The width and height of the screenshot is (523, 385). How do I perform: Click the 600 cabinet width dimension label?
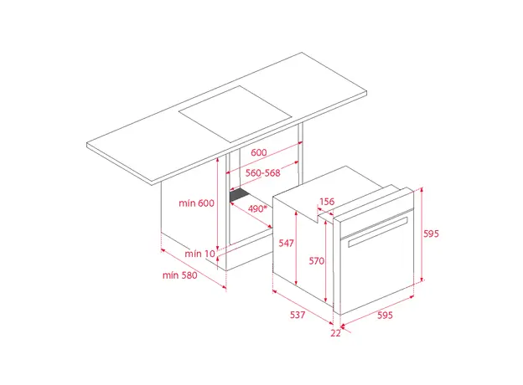[258, 152]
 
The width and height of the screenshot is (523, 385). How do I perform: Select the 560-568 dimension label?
[263, 173]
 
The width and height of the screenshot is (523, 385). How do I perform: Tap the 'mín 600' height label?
[196, 203]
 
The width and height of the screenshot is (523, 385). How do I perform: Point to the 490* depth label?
[257, 208]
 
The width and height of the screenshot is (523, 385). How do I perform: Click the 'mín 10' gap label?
[199, 254]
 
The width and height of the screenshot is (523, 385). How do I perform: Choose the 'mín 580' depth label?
[179, 275]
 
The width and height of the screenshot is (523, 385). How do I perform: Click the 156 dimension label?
[327, 202]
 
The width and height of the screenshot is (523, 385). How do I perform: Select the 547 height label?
[286, 243]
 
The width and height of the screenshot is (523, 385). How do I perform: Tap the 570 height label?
[316, 260]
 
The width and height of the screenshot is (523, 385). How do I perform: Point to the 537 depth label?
[298, 315]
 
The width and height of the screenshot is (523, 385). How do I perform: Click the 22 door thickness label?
[335, 333]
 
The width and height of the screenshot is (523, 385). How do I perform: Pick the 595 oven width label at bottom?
[385, 315]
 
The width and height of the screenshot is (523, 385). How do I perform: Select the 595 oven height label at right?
[431, 234]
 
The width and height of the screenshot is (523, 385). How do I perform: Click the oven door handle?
[378, 232]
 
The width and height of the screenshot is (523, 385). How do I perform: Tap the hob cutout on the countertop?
[236, 114]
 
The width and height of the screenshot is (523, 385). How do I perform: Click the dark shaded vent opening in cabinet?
[240, 194]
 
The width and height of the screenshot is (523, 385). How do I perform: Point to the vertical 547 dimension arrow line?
[296, 248]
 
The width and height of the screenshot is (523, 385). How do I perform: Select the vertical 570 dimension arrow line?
[326, 260]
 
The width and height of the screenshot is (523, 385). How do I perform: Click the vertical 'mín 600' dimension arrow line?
[217, 204]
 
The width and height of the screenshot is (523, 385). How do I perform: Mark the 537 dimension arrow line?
[303, 306]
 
